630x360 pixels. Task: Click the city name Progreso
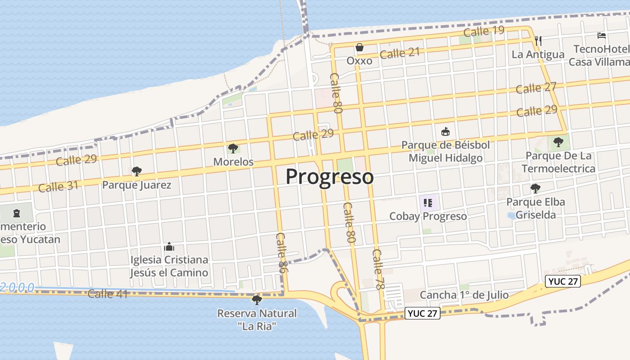click(x=329, y=177)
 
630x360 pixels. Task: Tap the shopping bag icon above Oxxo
click(x=360, y=47)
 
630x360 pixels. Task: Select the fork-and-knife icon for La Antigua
click(x=538, y=40)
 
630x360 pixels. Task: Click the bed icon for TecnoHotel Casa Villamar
click(x=602, y=35)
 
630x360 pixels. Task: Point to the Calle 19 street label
click(x=484, y=31)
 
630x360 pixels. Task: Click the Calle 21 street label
click(x=400, y=53)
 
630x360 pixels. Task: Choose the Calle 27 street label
click(x=536, y=88)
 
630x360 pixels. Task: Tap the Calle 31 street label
click(x=58, y=186)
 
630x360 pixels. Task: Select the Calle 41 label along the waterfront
click(x=108, y=294)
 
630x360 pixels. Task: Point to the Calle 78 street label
click(x=379, y=269)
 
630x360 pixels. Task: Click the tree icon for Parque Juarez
click(x=137, y=171)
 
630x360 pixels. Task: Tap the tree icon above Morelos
click(x=233, y=148)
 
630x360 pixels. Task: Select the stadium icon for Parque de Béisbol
click(x=445, y=131)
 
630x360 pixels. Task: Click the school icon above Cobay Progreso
click(x=428, y=202)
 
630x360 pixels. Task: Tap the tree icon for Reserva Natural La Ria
click(x=257, y=299)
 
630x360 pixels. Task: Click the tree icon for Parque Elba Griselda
click(x=535, y=188)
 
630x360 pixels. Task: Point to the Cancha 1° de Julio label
click(x=464, y=295)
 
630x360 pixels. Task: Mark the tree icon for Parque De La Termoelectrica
click(x=558, y=142)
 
